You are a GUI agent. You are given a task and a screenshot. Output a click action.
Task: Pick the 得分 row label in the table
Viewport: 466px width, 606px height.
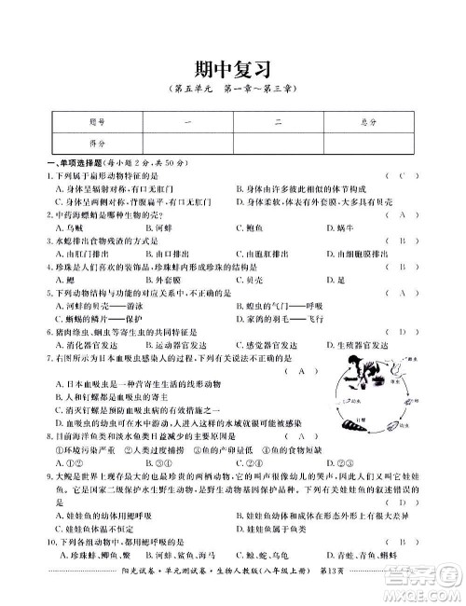pyautogui.click(x=71, y=144)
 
